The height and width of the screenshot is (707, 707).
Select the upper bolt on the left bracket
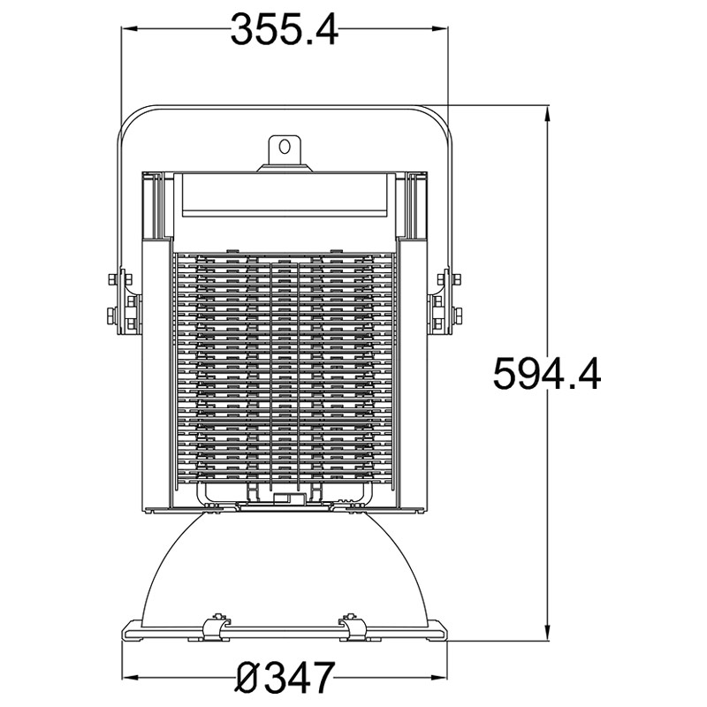point(119,282)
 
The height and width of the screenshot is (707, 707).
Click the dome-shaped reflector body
point(285,566)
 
